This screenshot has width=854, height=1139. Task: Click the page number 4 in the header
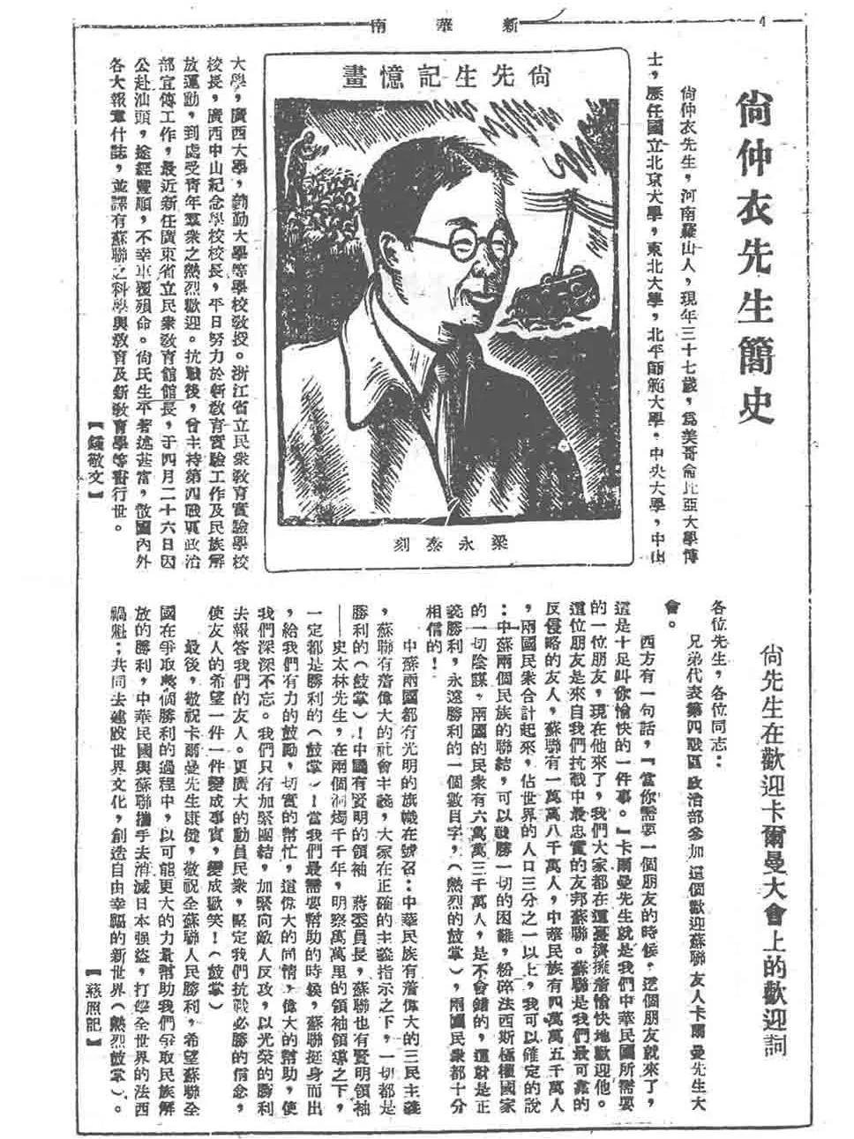pyautogui.click(x=761, y=21)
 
